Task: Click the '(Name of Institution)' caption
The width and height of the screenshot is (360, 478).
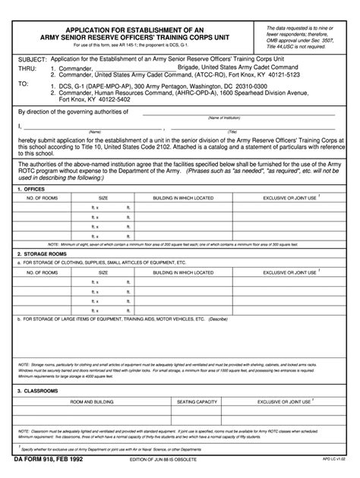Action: tap(235, 118)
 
